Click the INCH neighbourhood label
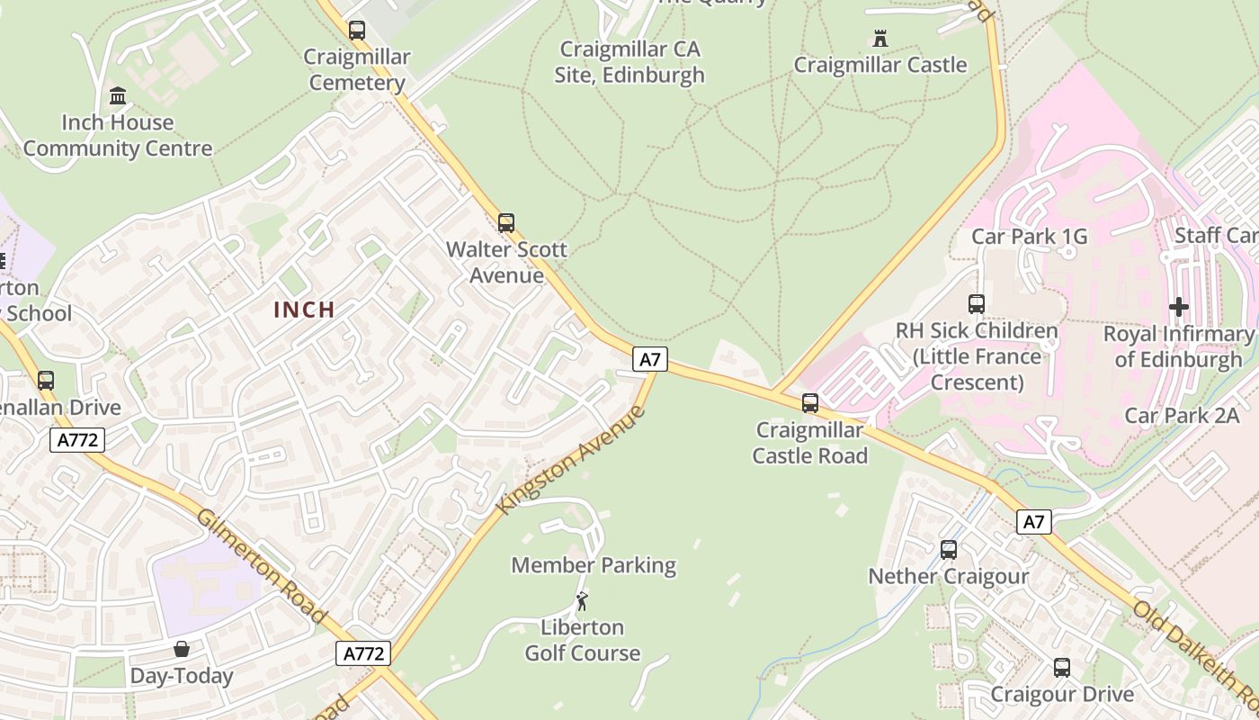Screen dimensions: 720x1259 click(x=304, y=310)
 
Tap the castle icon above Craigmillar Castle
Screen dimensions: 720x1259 click(x=880, y=39)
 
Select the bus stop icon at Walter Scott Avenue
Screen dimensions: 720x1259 click(x=506, y=223)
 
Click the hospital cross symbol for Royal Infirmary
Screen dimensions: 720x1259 click(x=1178, y=307)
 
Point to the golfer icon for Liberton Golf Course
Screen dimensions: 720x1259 click(x=582, y=601)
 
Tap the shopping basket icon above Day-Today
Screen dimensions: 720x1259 click(x=182, y=649)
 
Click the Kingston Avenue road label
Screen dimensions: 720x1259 click(x=571, y=460)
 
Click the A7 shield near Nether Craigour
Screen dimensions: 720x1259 click(x=1034, y=521)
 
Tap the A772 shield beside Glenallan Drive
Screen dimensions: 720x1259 click(x=77, y=440)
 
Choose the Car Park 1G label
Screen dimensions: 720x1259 click(x=1029, y=237)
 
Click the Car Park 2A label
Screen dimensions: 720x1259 click(x=1182, y=416)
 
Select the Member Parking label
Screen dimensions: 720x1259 click(x=594, y=565)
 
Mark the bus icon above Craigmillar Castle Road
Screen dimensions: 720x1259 click(x=810, y=403)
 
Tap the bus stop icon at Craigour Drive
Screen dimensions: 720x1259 click(x=1062, y=668)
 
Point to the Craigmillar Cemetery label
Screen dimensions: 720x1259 click(x=357, y=70)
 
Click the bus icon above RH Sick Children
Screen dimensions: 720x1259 click(x=977, y=304)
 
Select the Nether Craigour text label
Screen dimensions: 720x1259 click(x=948, y=576)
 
